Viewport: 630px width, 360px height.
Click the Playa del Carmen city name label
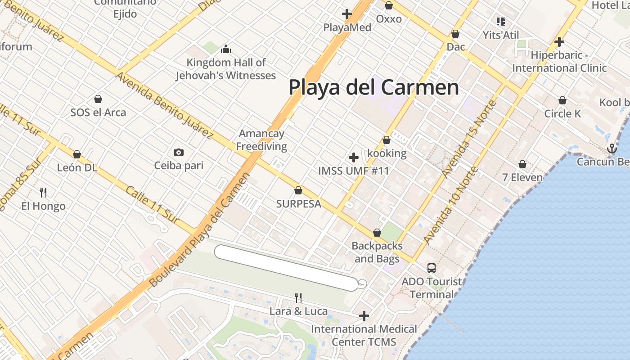click(x=373, y=87)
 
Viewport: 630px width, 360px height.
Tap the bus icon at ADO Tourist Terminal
click(x=431, y=268)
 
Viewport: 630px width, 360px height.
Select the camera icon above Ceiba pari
click(x=179, y=152)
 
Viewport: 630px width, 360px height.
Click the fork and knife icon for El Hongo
click(x=43, y=193)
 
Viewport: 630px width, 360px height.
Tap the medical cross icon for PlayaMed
click(x=346, y=14)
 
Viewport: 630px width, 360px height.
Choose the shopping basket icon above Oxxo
click(x=389, y=6)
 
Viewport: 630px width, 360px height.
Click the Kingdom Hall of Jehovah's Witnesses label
click(x=226, y=69)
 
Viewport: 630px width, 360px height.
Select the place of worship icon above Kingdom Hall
click(x=226, y=49)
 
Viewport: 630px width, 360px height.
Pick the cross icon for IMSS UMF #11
click(x=354, y=157)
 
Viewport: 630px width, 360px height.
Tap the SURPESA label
click(x=299, y=204)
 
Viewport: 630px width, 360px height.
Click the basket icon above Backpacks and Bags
click(x=377, y=233)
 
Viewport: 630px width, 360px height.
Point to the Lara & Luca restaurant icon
click(x=298, y=297)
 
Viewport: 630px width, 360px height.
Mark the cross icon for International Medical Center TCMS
click(x=364, y=316)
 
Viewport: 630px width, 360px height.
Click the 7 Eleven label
click(x=522, y=177)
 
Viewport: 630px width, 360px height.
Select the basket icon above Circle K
click(x=562, y=100)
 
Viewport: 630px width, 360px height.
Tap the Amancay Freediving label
click(x=261, y=140)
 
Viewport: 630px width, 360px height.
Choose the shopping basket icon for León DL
click(x=77, y=154)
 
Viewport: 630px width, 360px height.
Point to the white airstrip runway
click(x=286, y=267)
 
